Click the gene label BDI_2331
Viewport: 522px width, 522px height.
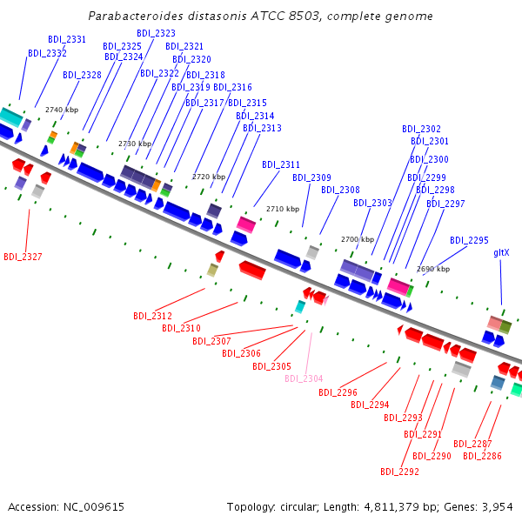65,39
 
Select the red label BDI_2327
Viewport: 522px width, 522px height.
23,257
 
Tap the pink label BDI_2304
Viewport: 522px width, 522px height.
304,378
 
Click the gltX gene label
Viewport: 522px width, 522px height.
501,252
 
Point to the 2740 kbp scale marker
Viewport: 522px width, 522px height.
61,110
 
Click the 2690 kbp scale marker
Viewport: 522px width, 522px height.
433,269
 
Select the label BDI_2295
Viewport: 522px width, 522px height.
469,240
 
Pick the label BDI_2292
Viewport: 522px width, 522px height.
399,472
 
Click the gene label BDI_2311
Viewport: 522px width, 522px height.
281,164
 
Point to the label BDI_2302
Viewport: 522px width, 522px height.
421,129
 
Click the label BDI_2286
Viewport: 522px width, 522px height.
482,456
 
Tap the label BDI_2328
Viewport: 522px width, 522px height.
82,75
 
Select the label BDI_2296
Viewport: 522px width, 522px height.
338,392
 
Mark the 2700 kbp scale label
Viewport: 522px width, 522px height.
357,239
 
